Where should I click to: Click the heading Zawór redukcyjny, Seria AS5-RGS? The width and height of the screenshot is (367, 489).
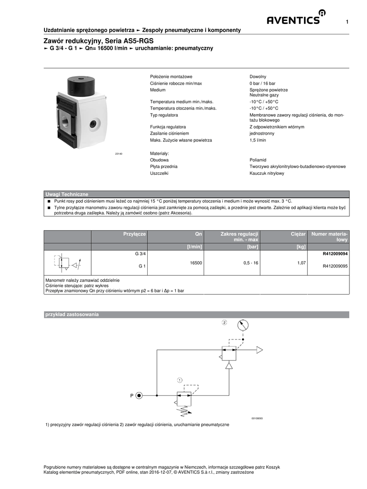pyautogui.click(x=98, y=41)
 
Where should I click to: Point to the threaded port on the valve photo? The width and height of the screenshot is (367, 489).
pyautogui.click(x=65, y=117)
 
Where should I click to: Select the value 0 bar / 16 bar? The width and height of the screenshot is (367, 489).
pyautogui.click(x=262, y=83)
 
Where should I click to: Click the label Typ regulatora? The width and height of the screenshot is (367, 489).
pyautogui.click(x=164, y=115)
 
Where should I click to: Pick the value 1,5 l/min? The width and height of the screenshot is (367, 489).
pyautogui.click(x=258, y=140)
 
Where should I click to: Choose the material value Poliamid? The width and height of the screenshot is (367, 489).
pyautogui.click(x=258, y=160)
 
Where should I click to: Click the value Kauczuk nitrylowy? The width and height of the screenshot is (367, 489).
pyautogui.click(x=267, y=173)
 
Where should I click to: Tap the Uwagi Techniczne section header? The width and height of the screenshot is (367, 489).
pyautogui.click(x=66, y=194)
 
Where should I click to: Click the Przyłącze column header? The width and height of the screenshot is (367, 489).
pyautogui.click(x=134, y=234)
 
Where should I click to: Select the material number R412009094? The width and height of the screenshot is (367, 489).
pyautogui.click(x=335, y=254)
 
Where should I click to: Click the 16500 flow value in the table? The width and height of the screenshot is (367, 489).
pyautogui.click(x=196, y=263)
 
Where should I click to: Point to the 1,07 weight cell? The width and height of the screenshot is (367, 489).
pyautogui.click(x=301, y=263)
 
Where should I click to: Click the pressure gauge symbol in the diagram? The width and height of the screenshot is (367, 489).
pyautogui.click(x=243, y=325)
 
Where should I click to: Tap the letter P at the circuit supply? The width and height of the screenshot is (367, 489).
pyautogui.click(x=132, y=395)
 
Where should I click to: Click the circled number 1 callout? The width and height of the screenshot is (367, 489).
pyautogui.click(x=180, y=380)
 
